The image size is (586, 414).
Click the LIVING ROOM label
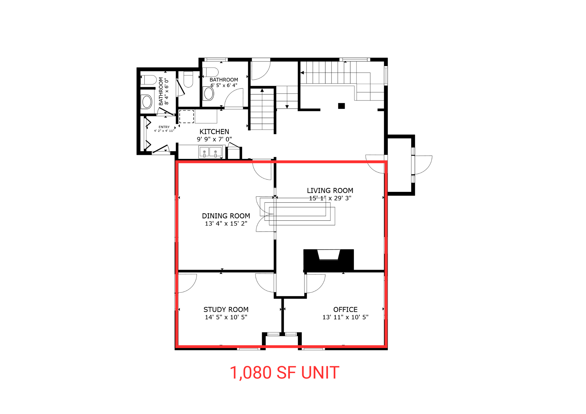[x=330, y=190]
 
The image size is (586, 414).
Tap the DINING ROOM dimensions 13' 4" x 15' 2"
[x=226, y=224]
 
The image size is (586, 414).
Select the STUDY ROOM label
[x=226, y=309]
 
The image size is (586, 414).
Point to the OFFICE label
[x=345, y=309]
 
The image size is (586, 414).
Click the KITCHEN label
[x=214, y=132]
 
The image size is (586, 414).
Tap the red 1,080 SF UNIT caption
[x=284, y=373]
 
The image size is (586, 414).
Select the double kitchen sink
[x=210, y=152]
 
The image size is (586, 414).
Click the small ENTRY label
[x=164, y=127]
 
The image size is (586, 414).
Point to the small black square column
[x=341, y=106]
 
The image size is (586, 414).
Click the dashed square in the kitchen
[x=187, y=116]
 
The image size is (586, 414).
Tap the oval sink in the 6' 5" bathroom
[x=209, y=93]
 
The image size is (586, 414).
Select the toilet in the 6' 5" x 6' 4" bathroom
[x=211, y=72]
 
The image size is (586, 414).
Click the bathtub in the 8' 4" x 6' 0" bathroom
[x=147, y=102]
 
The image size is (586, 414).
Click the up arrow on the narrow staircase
[x=262, y=91]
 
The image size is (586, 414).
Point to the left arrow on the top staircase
[x=302, y=73]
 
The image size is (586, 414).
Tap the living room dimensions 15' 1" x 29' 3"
[x=330, y=198]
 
